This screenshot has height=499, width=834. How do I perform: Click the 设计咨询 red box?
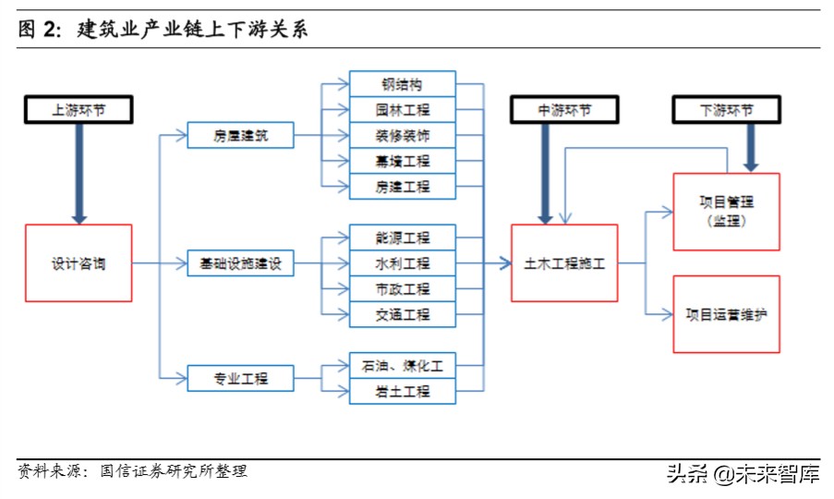79,263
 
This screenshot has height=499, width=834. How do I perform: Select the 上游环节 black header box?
79,110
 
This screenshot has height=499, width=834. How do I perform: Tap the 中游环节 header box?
564,110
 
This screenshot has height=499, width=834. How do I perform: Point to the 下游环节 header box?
726,110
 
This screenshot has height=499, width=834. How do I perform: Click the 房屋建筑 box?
240,136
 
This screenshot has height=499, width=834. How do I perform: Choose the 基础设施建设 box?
240,263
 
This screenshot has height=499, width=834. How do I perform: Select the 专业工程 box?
240,378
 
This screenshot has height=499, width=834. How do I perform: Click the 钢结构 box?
403,84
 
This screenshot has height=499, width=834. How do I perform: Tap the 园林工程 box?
403,110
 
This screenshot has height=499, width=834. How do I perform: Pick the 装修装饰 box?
403,136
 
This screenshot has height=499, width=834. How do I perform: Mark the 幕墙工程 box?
403,162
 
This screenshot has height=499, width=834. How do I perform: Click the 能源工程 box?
403,237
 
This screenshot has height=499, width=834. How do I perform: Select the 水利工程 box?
403,263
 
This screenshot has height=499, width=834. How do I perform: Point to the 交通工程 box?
403,314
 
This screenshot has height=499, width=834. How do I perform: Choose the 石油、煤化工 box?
403,366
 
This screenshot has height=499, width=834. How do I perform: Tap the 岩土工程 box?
403,392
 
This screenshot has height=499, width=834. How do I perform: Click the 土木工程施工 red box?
564,263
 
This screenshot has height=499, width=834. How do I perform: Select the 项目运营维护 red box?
726,314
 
